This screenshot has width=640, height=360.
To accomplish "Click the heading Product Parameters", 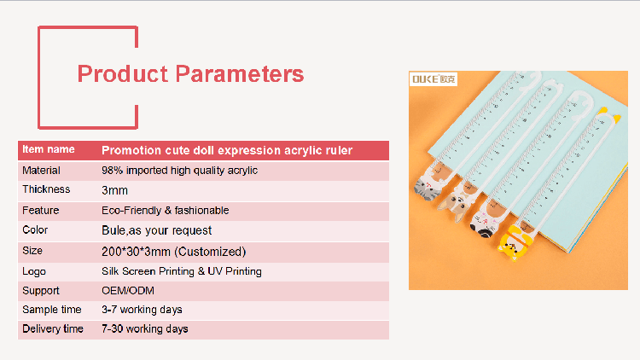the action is [190, 74].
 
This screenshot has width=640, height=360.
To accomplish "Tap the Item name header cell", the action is [48, 149].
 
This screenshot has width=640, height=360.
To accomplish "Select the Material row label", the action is [41, 171].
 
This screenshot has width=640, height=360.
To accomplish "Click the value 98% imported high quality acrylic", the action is [179, 171].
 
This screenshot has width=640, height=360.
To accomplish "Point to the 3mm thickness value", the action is [114, 190].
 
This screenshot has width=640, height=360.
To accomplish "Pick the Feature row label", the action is [40, 210].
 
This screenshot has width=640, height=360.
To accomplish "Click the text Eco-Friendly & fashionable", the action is [166, 210].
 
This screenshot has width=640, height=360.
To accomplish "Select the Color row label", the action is [35, 229].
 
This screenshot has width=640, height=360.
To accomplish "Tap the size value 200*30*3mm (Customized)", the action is [174, 252].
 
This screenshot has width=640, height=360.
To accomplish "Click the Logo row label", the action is [34, 271].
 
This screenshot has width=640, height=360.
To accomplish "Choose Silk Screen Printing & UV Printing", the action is [182, 271].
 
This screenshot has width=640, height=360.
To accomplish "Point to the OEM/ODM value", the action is [128, 291].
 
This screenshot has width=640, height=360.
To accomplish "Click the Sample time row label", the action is [52, 310].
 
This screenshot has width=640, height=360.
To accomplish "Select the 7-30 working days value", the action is [145, 329].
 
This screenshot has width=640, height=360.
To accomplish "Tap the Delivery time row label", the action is [53, 329].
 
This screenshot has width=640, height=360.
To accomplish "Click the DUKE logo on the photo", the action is [433, 78].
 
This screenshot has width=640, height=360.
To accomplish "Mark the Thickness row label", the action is [46, 189].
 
